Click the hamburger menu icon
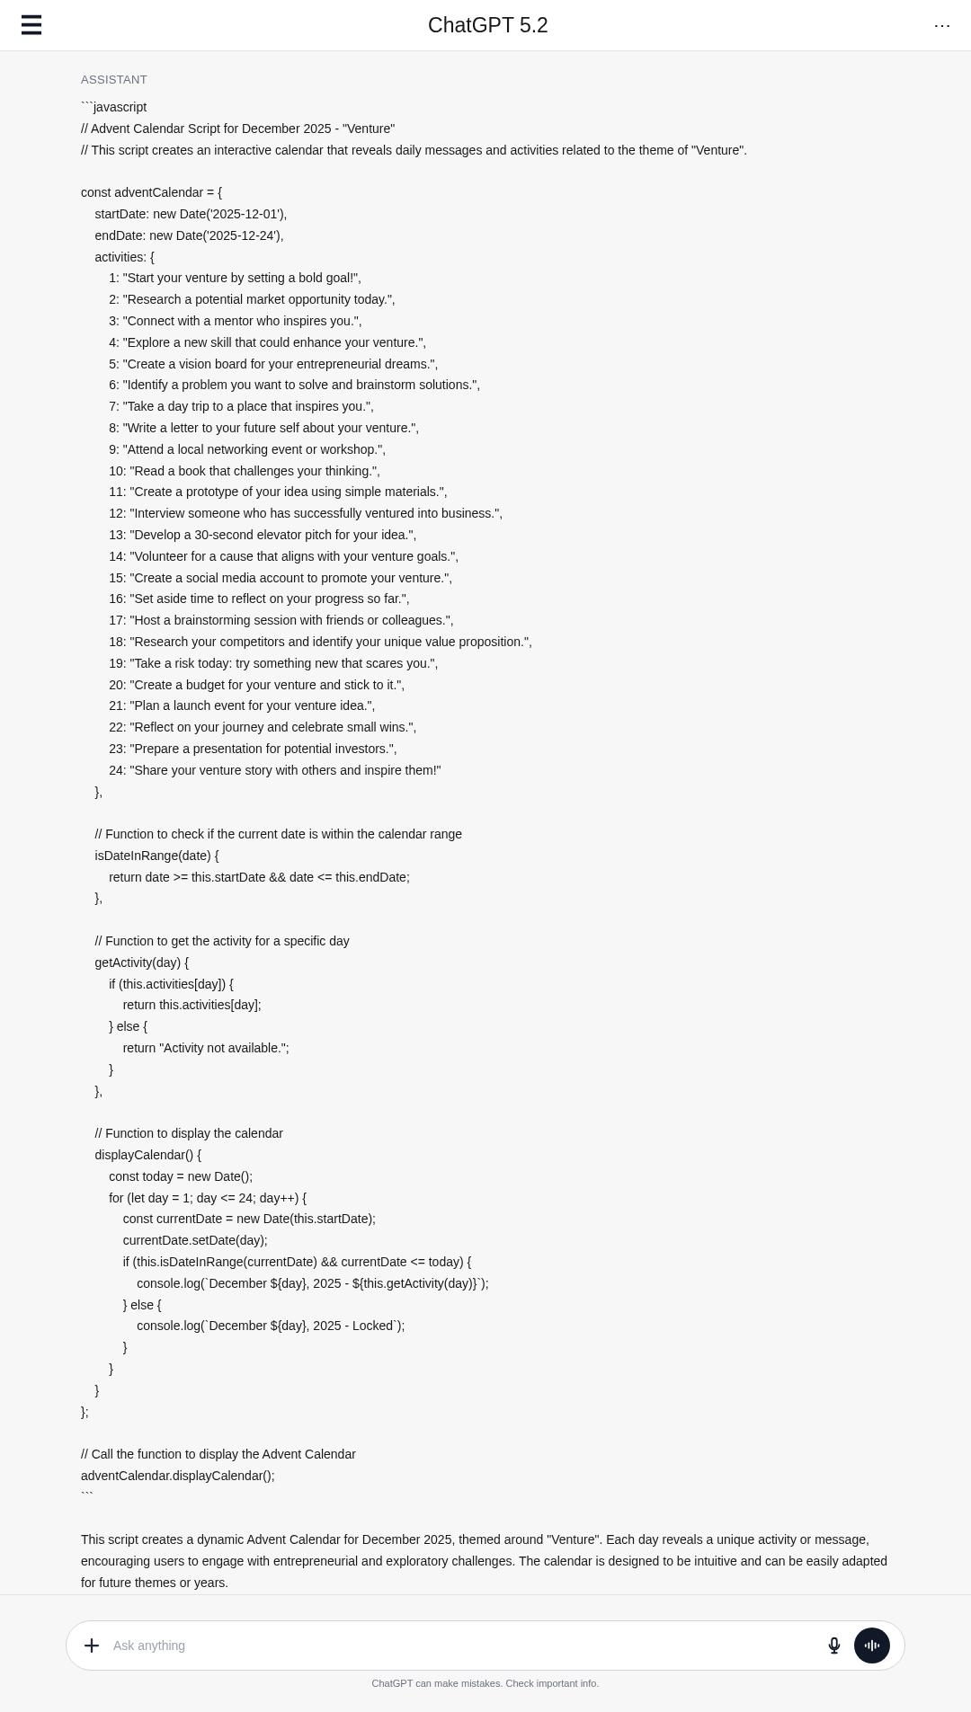(31, 25)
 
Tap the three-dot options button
(941, 25)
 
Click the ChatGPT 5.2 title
(487, 25)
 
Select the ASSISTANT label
(114, 80)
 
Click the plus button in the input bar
(92, 1645)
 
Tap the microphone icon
(833, 1645)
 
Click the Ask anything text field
(450, 1645)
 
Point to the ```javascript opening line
(114, 108)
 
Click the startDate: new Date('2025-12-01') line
(191, 214)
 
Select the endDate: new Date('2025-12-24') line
(189, 235)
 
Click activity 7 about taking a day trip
(241, 406)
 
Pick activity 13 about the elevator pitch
(263, 535)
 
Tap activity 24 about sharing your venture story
(274, 770)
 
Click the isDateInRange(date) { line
(156, 856)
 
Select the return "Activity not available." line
(206, 1048)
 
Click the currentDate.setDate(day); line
(195, 1240)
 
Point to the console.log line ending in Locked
(271, 1326)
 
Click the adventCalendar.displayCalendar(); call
(178, 1476)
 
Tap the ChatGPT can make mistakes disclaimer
(485, 1683)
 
